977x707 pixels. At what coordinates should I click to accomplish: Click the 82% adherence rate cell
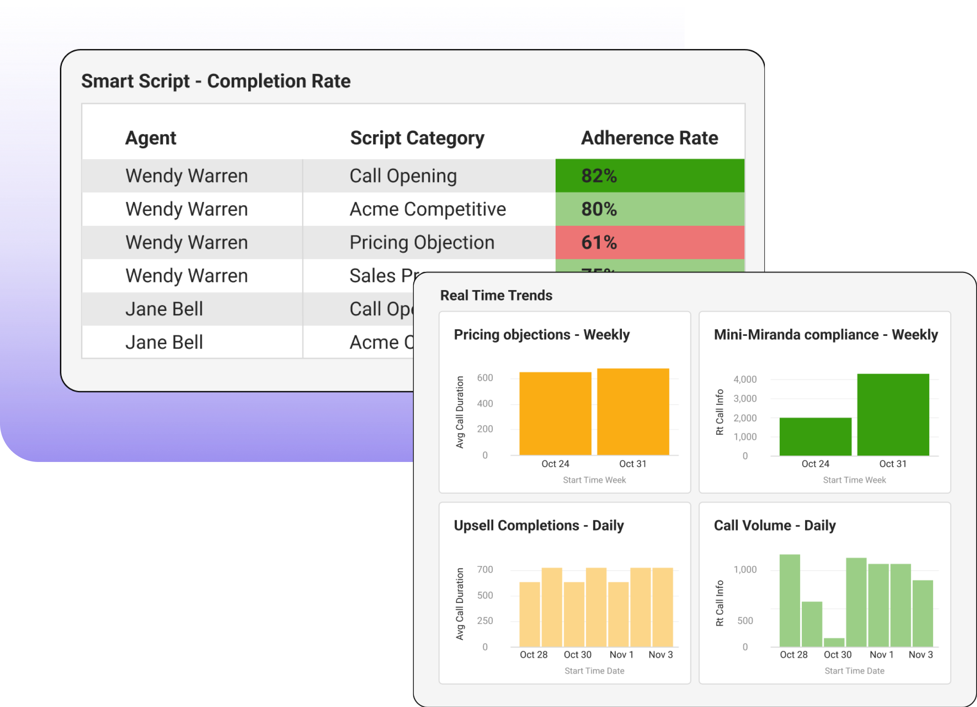point(650,176)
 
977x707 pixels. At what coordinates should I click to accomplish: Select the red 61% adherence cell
point(650,243)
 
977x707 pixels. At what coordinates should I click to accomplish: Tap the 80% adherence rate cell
point(650,209)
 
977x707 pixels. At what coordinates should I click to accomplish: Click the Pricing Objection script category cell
point(422,243)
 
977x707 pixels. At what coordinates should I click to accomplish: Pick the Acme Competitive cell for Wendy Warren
point(428,209)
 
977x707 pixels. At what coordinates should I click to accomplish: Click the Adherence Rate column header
point(650,138)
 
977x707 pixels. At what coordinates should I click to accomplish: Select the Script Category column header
point(417,138)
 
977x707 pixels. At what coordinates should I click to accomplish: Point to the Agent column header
point(151,138)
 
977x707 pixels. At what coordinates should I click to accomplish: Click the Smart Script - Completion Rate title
point(216,81)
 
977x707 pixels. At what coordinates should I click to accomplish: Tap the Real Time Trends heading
point(496,296)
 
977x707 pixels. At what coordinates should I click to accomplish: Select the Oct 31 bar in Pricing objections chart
point(633,411)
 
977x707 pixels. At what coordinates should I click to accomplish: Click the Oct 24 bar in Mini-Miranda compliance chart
point(816,436)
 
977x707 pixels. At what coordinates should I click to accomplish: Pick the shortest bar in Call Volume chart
point(834,642)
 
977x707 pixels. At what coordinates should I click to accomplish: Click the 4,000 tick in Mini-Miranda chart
point(745,380)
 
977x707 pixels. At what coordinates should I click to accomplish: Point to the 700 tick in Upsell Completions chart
point(484,570)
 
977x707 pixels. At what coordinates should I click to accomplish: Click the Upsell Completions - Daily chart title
point(538,525)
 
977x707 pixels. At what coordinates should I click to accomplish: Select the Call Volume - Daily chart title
point(775,525)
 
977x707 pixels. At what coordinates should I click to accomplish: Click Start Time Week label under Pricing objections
point(594,480)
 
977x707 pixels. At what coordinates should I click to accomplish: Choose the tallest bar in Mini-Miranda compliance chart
point(893,415)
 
